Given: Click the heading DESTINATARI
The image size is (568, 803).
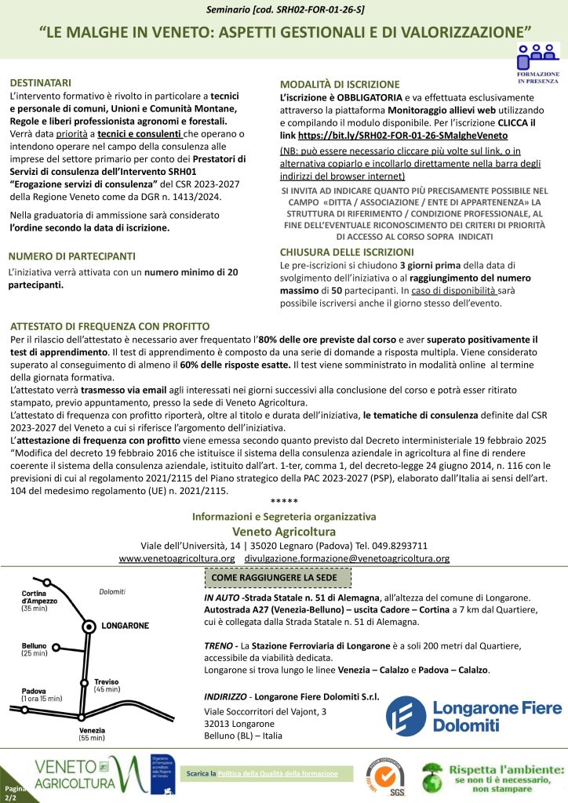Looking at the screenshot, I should [41, 82].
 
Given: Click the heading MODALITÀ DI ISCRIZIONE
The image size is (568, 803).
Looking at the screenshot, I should [340, 85].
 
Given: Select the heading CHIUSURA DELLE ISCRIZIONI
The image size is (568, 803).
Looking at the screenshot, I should [347, 253].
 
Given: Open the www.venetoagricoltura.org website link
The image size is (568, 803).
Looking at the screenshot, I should [177, 558].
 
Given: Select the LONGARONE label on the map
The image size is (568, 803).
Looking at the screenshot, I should [126, 626].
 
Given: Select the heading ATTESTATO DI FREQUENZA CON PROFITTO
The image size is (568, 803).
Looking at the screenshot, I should [110, 326].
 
